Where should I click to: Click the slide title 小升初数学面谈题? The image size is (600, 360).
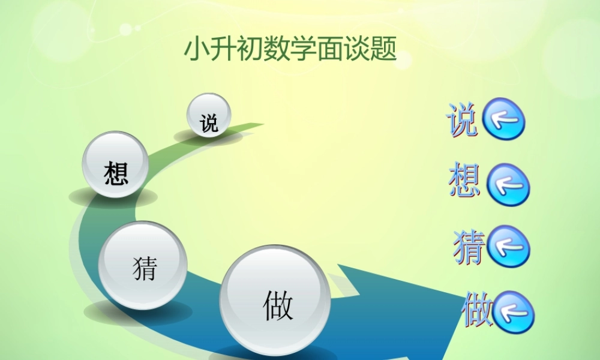290,49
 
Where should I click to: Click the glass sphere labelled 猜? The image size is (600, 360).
143,265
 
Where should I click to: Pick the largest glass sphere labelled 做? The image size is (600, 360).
275,302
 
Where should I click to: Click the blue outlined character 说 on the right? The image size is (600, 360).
462,119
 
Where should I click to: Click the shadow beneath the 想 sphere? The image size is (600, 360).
114,197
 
